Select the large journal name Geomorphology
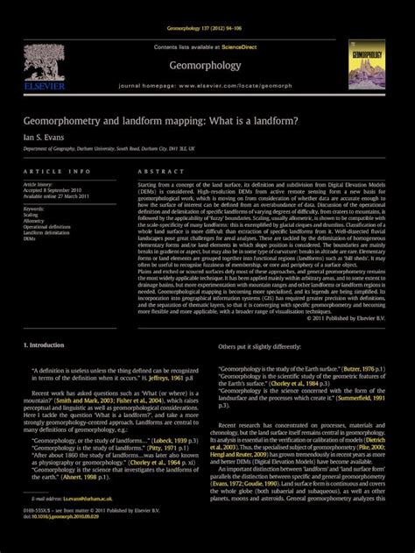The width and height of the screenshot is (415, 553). tap(207, 63)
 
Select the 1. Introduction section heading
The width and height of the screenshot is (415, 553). tap(44, 345)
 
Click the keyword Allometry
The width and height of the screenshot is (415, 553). tap(36, 220)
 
